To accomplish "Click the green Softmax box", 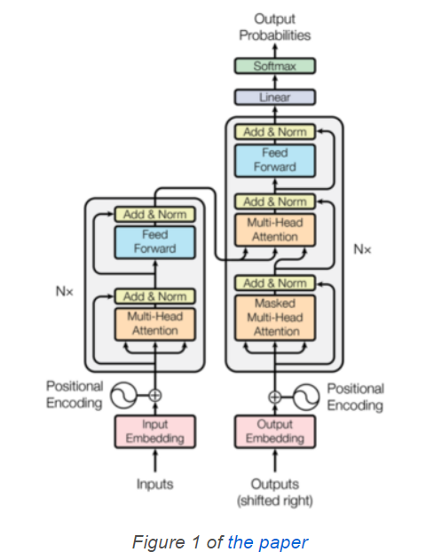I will click(x=274, y=67).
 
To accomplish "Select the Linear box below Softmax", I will click(x=274, y=97).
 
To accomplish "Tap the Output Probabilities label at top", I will click(x=275, y=27).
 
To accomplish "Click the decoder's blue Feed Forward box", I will click(x=274, y=161).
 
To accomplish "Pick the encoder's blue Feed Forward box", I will click(x=154, y=242).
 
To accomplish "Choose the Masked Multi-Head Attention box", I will click(x=274, y=317).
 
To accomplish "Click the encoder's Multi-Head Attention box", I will click(x=154, y=324).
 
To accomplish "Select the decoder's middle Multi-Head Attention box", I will click(x=274, y=231).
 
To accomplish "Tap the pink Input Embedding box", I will click(x=154, y=431).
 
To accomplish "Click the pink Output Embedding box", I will click(x=274, y=431).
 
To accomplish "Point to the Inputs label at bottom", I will click(x=154, y=484).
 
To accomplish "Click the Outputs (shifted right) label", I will click(x=274, y=492).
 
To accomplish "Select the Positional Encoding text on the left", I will click(x=75, y=395).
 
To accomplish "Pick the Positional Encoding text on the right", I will click(x=355, y=397).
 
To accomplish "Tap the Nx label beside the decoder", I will click(x=362, y=249).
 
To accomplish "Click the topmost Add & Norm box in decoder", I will click(x=274, y=131).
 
